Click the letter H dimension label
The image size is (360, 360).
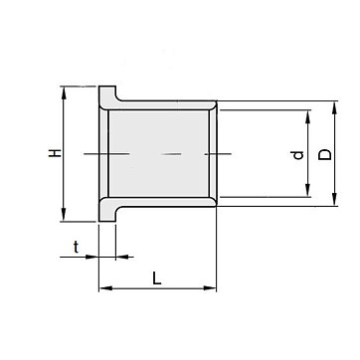pos(55,153)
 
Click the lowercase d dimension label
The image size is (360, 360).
pos(297,155)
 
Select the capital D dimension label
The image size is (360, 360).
pos(325,155)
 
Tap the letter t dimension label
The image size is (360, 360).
pos(77,247)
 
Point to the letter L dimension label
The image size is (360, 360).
pos(157,278)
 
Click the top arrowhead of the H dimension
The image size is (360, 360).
pos(64,92)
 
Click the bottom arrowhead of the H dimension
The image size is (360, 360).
pos(64,215)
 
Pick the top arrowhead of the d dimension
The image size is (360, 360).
pos(308,116)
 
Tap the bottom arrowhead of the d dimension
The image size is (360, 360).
pos(308,190)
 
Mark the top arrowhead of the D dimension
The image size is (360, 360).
pos(334,107)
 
